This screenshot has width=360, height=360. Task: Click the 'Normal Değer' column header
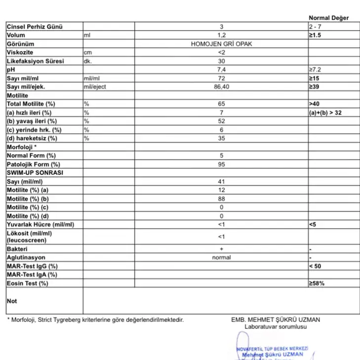coord(328,18)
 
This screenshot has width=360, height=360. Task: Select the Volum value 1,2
coord(221,35)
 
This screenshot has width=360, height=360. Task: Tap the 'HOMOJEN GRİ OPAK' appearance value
coord(221,44)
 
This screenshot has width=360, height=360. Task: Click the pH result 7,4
coord(221,70)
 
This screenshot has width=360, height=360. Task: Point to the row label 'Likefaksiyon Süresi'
coord(35,61)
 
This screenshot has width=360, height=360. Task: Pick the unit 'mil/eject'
coord(95,87)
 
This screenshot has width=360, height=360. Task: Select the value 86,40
coord(221,87)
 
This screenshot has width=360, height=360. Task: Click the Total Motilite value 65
coord(221,104)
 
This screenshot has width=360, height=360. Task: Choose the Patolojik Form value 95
coord(221,164)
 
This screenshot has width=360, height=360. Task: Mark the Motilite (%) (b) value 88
coord(221,199)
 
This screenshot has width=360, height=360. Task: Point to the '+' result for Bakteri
coord(221,249)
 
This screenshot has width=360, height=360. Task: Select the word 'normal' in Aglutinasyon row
coord(221,257)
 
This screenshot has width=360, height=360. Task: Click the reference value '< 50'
coord(317,266)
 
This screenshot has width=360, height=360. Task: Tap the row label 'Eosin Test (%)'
coord(27,283)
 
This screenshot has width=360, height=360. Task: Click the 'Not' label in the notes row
coord(12,301)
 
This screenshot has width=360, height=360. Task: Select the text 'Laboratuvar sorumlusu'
coord(275,326)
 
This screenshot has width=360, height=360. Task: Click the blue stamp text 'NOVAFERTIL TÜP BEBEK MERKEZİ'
coord(272,348)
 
